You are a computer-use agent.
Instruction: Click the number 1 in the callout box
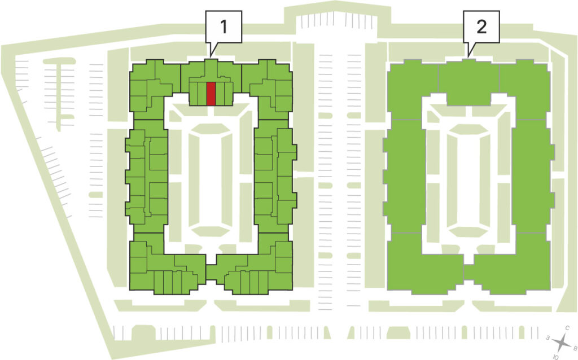point(224,27)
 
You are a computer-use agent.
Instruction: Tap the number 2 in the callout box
point(481,27)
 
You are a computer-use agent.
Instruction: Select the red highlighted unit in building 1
point(211,94)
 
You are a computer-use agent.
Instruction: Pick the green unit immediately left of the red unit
point(203,94)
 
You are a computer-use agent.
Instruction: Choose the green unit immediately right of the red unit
point(220,94)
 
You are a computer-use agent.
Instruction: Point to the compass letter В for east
point(575,347)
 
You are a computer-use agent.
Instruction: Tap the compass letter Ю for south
point(555,357)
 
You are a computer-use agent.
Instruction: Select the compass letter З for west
point(549,337)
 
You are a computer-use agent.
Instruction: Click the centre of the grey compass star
point(562,343)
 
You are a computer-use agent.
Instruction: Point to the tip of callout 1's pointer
point(211,57)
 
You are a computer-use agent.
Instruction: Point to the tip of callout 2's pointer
point(468,57)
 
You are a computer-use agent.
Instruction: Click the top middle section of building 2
point(468,83)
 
